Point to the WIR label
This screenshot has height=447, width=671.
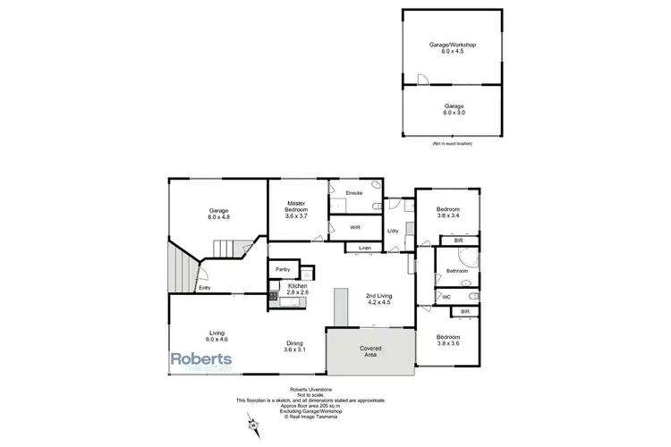tap(355, 227)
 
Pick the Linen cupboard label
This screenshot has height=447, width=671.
tap(364, 247)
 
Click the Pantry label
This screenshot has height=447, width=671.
tap(283, 268)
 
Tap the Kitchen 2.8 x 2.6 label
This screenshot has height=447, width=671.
tap(298, 289)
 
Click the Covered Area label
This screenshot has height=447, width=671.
tap(371, 350)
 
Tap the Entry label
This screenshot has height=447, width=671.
tap(205, 287)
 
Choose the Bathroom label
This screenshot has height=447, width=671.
tap(458, 269)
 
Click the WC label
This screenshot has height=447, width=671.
tap(446, 296)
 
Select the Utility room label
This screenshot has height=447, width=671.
tap(392, 232)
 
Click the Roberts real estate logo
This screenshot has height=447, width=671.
tap(202, 360)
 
